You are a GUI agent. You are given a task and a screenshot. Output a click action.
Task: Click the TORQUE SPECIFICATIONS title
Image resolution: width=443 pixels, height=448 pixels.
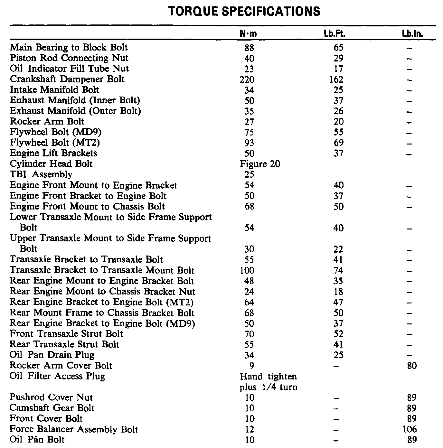(x=244, y=12)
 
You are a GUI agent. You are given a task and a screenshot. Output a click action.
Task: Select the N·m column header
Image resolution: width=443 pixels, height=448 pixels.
(x=248, y=34)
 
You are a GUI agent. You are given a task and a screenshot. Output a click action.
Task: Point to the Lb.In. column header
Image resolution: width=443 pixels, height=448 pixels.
(x=412, y=34)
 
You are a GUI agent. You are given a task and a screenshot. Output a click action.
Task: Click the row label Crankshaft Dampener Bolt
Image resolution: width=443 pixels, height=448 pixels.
(x=67, y=79)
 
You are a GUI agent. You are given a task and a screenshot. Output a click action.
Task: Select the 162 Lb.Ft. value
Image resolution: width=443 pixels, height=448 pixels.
(x=336, y=79)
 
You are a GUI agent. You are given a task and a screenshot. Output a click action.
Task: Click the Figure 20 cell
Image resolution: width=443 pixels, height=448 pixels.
(x=260, y=164)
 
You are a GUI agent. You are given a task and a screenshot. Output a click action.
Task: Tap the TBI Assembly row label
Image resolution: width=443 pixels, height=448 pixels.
(x=41, y=174)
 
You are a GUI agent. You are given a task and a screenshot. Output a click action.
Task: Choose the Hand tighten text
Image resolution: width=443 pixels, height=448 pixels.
(x=268, y=376)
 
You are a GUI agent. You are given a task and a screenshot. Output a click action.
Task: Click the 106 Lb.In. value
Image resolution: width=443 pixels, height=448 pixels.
(x=410, y=429)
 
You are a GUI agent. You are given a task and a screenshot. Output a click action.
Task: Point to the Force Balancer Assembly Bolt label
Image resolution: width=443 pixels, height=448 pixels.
(x=74, y=429)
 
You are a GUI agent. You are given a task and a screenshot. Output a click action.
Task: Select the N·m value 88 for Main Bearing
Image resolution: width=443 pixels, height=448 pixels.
(x=249, y=48)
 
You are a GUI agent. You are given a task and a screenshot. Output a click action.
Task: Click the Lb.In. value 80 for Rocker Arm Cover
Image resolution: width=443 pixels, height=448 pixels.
(x=412, y=366)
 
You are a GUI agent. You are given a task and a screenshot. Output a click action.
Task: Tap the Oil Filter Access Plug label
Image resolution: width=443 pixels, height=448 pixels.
(x=57, y=376)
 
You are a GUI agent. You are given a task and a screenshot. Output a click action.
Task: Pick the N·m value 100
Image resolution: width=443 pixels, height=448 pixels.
(x=247, y=270)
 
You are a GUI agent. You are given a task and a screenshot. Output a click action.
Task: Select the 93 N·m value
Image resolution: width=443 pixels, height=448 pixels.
(x=249, y=143)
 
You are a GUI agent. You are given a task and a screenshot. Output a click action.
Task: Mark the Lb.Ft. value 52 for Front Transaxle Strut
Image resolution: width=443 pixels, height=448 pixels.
(x=338, y=334)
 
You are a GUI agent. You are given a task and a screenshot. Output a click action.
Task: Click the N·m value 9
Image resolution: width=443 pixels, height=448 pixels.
(x=251, y=366)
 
